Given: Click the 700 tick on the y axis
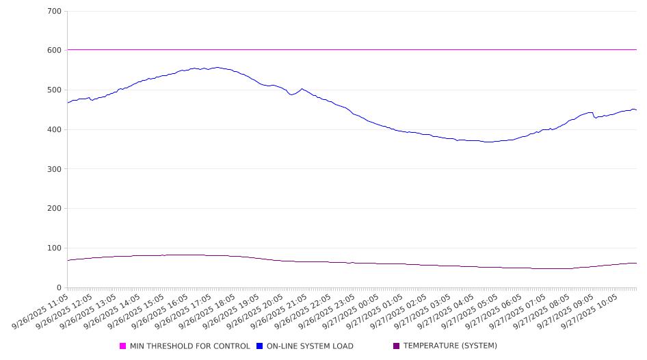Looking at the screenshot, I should tap(54, 12).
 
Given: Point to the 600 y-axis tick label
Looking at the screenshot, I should tap(54, 51).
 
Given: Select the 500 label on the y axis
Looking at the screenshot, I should tap(54, 90).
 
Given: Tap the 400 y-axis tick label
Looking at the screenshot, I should tap(54, 130).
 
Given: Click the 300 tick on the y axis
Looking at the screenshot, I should tap(54, 169).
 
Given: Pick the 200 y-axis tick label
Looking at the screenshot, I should tap(54, 209).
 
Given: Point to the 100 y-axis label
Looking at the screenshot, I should tap(54, 248).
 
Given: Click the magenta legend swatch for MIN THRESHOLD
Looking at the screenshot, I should tap(123, 346).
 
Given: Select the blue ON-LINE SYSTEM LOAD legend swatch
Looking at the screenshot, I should tap(260, 346).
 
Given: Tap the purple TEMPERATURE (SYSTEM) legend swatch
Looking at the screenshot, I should tap(397, 346).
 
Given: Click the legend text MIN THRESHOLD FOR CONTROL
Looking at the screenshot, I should tap(189, 346).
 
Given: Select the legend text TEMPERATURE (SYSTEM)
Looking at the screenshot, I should tap(450, 346).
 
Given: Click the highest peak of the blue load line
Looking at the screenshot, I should tap(217, 67).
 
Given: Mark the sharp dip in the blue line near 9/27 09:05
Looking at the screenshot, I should tap(595, 118).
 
